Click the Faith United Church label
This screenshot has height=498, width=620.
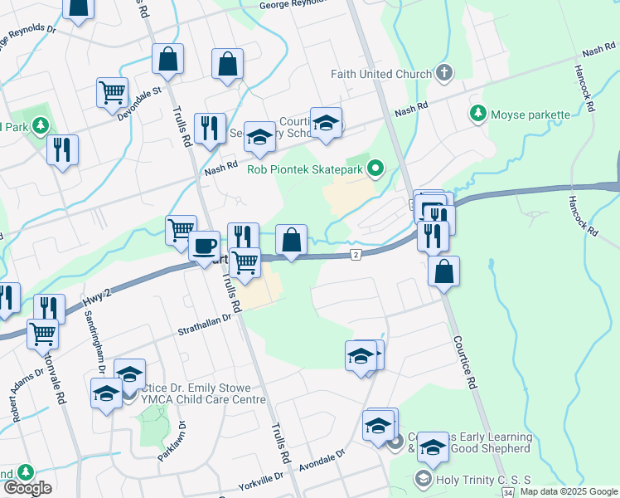[381, 74]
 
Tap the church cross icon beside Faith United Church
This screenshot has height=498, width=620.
[444, 73]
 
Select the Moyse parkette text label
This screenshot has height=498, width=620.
[530, 115]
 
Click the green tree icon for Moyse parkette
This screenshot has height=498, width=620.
[478, 112]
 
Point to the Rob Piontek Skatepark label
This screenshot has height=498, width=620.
[306, 170]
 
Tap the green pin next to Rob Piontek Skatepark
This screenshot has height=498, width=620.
[376, 170]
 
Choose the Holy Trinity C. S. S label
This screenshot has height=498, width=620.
[472, 478]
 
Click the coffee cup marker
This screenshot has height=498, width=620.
[204, 246]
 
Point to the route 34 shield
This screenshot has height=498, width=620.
[507, 493]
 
